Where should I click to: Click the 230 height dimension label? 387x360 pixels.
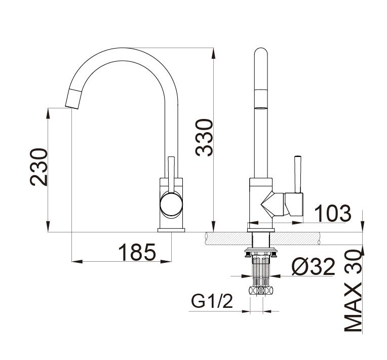click(38, 167)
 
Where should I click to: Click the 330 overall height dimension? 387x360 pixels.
click(204, 137)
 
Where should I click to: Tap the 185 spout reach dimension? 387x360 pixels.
click(137, 252)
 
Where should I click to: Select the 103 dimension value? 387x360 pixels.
click(332, 214)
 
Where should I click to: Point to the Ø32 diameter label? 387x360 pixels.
click(314, 266)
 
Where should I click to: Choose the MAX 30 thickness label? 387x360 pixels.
click(354, 291)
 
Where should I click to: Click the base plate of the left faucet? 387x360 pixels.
click(171, 230)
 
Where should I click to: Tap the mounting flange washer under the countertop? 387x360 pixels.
click(260, 251)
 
